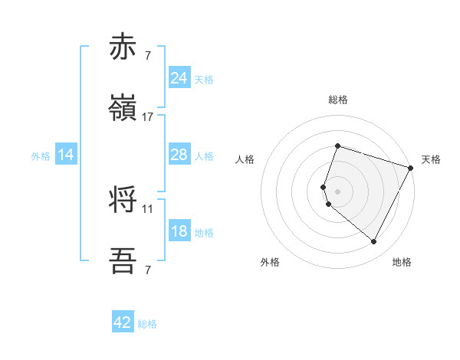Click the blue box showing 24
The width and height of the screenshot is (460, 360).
pyautogui.click(x=179, y=78)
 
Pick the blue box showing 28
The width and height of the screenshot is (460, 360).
pyautogui.click(x=179, y=155)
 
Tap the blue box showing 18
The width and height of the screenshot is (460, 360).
pyautogui.click(x=179, y=231)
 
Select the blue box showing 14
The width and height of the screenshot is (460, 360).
pyautogui.click(x=66, y=155)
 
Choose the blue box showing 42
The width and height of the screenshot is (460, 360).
pyautogui.click(x=123, y=322)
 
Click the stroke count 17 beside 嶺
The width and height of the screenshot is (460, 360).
pyautogui.click(x=148, y=117)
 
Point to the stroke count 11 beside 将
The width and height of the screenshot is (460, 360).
pyautogui.click(x=148, y=208)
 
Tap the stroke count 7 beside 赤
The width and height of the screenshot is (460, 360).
pyautogui.click(x=147, y=56)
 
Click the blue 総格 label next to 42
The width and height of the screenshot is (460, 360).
pyautogui.click(x=147, y=324)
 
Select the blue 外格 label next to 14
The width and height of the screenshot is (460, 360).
pyautogui.click(x=41, y=155)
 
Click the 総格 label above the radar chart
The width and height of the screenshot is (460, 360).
pyautogui.click(x=338, y=100)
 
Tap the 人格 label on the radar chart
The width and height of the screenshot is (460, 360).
pyautogui.click(x=245, y=159)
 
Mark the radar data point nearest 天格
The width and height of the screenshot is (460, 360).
pyautogui.click(x=411, y=168)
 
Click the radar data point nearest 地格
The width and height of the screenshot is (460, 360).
pyautogui.click(x=373, y=242)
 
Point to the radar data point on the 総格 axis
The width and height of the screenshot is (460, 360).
pyautogui.click(x=337, y=146)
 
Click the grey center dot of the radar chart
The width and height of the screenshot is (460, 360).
pyautogui.click(x=337, y=191)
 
